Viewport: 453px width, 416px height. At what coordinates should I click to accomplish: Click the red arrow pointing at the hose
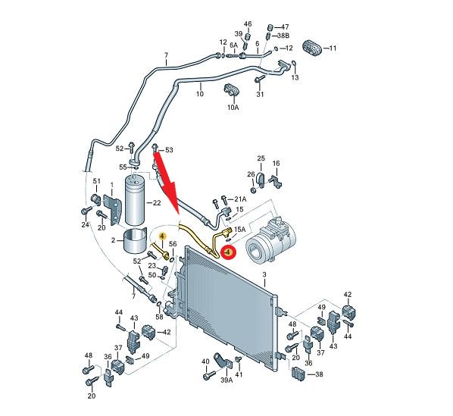[x=167, y=183]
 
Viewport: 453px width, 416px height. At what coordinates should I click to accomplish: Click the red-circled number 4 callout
[x=228, y=252]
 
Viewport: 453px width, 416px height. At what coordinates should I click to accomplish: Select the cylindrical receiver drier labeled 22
[x=134, y=199]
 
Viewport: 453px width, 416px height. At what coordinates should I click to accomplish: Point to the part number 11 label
[x=333, y=48]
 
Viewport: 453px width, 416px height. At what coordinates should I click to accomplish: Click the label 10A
[x=233, y=107]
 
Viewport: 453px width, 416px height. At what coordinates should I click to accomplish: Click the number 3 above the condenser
[x=264, y=274]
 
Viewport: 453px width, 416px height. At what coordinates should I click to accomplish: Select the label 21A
[x=240, y=199]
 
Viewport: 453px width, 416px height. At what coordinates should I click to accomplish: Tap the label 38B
[x=283, y=36]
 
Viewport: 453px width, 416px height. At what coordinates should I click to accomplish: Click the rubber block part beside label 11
[x=312, y=48]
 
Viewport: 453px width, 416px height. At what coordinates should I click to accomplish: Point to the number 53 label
[x=169, y=150]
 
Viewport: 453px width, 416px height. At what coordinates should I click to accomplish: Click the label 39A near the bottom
[x=227, y=380]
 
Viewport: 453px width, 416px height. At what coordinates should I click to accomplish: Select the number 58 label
[x=160, y=317]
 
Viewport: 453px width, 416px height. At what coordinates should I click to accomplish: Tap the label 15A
[x=240, y=230]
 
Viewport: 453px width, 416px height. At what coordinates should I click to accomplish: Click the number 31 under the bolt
[x=260, y=94]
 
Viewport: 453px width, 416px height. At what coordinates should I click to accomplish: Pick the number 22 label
[x=157, y=203]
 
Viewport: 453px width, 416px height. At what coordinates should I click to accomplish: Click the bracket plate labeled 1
[x=113, y=208]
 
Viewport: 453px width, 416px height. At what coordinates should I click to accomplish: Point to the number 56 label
[x=173, y=244]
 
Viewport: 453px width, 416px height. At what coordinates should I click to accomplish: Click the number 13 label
[x=295, y=77]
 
